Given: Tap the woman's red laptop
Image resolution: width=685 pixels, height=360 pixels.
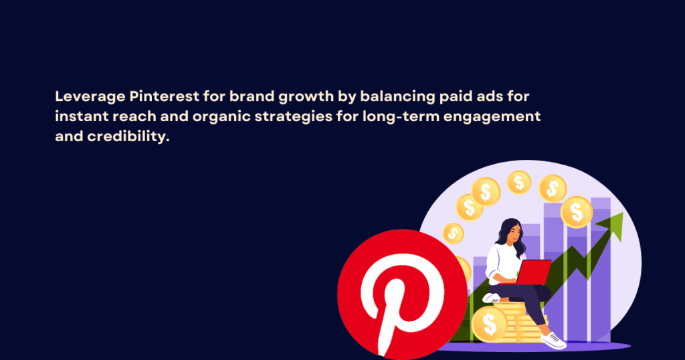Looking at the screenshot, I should point(534,272).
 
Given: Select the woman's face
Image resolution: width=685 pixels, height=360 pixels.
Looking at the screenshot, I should point(511,234).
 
